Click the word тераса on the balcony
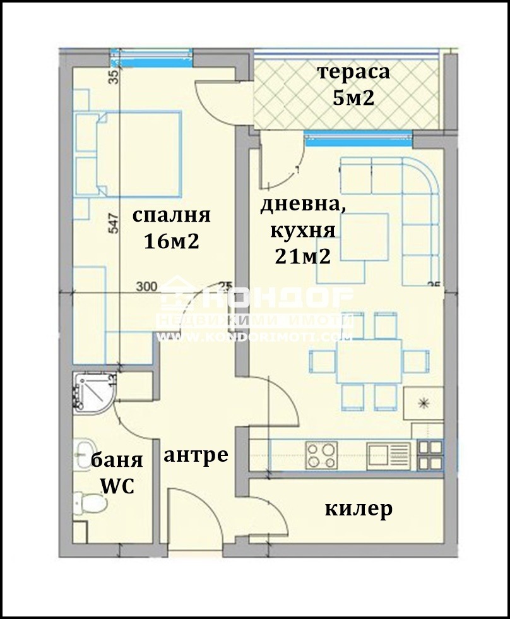354,72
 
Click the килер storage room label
359,508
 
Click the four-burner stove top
323,455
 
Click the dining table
369,358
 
